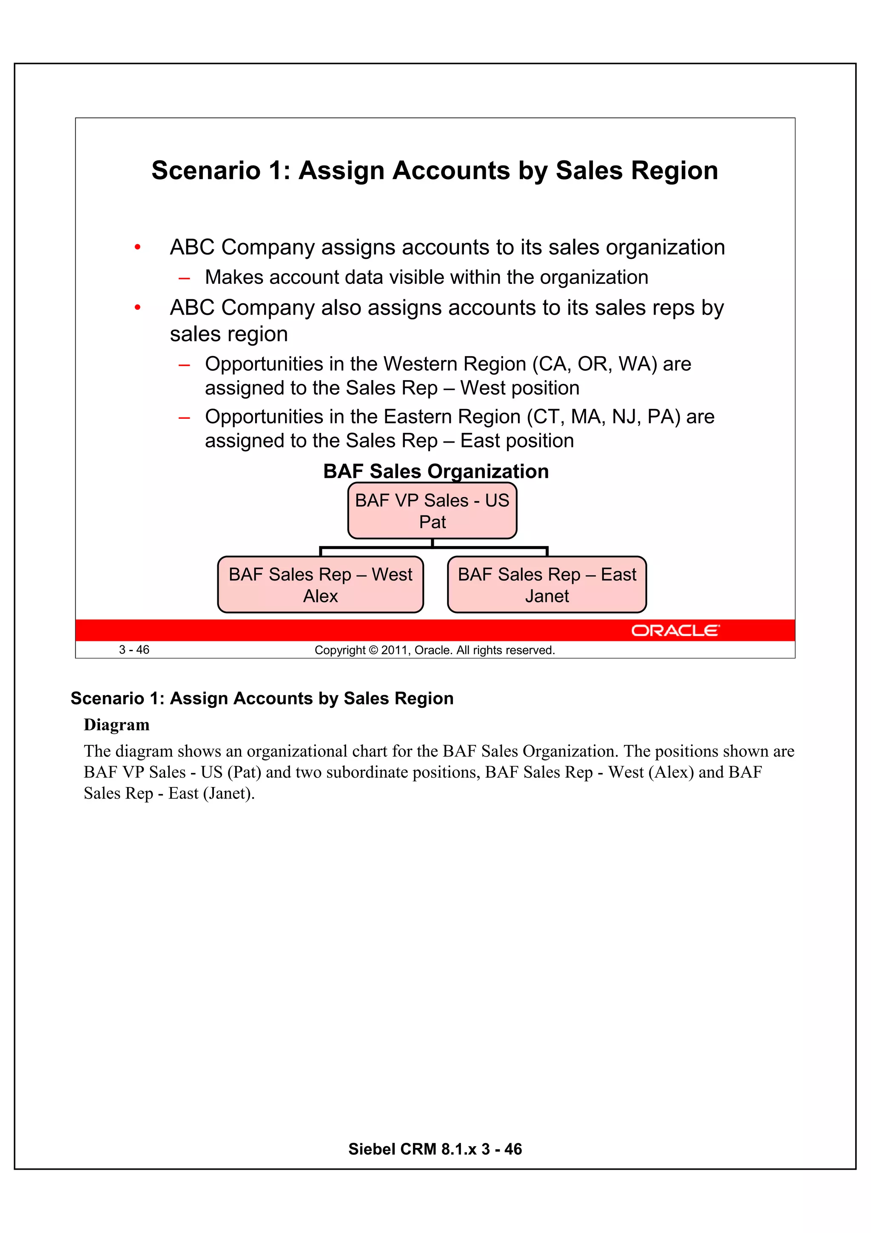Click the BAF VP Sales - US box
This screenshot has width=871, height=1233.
(432, 511)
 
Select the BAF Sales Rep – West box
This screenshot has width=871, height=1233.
(320, 584)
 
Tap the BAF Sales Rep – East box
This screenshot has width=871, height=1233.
(547, 584)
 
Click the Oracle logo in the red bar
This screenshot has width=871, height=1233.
(675, 630)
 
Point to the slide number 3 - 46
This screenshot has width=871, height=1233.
(134, 650)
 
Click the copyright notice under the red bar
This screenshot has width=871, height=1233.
(434, 650)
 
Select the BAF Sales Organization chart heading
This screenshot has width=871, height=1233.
(436, 471)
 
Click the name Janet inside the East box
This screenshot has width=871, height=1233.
(547, 596)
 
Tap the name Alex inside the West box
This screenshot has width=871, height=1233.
(320, 596)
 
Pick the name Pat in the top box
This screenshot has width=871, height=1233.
(432, 522)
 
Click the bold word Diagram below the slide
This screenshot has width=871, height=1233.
(117, 725)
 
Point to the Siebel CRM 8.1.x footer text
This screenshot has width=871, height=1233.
(435, 1149)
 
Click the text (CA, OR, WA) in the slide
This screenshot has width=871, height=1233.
(595, 364)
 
